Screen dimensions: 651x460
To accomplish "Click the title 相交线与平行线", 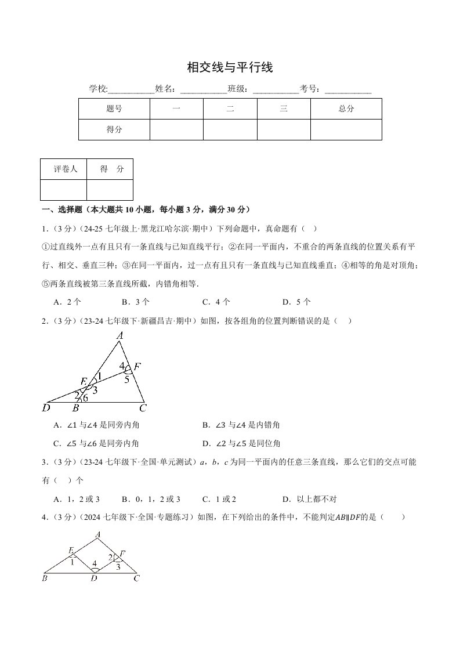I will point(230,68).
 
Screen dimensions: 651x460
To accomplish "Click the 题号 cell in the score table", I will point(114,108).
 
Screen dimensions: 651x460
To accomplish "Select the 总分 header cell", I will point(346,108).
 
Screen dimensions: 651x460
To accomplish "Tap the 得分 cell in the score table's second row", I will point(114,129).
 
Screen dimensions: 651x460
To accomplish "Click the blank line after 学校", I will point(132,89).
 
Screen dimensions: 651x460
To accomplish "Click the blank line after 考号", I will point(348,89).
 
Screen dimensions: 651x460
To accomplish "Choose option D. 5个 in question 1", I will point(296,302).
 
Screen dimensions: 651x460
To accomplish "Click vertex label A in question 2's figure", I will point(120,335).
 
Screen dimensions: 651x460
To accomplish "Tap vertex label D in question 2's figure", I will point(46,408).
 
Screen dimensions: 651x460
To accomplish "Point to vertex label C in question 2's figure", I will point(143,408).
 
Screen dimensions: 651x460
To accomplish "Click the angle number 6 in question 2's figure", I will point(85,398).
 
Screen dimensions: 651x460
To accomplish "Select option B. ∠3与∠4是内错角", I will point(241,425).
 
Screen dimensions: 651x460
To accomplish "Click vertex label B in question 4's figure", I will point(45,578).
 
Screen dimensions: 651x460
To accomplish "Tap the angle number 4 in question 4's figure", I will point(95,563).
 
